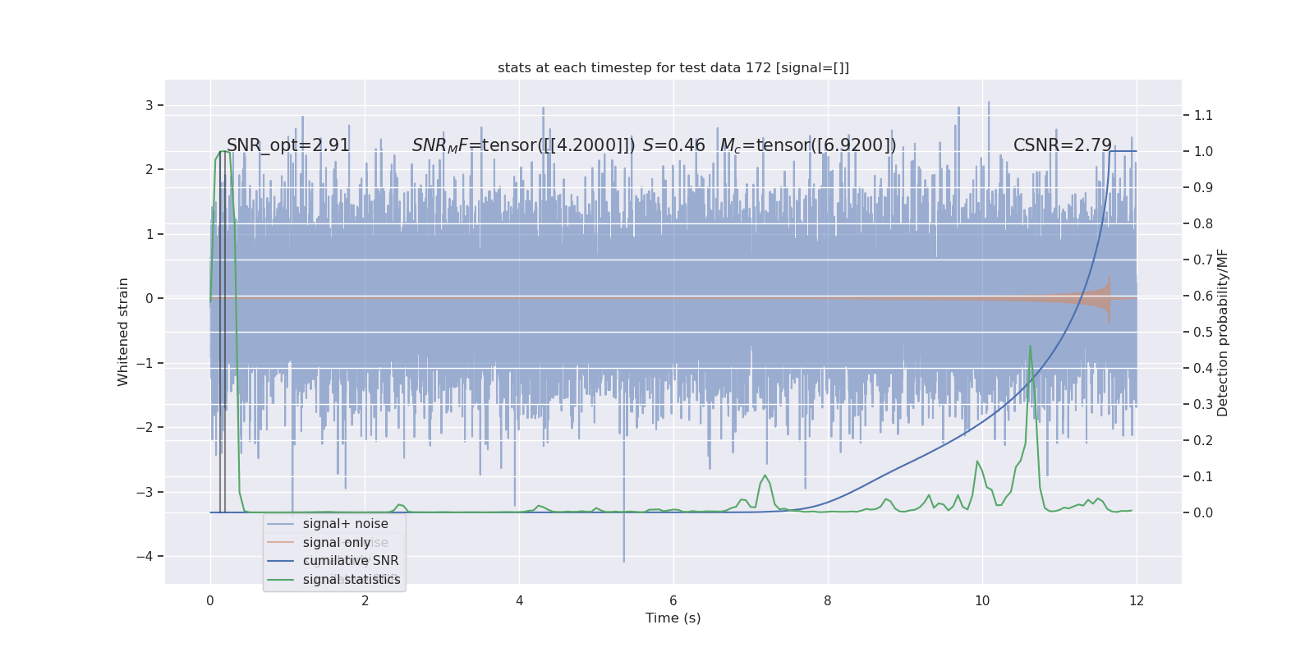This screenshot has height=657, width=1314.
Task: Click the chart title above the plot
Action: tap(673, 68)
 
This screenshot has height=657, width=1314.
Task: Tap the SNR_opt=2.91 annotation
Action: tap(288, 145)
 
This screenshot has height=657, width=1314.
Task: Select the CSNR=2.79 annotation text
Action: tap(1062, 145)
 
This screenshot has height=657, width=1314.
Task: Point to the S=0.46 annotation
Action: tap(673, 145)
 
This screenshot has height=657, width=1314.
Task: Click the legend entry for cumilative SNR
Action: tap(351, 561)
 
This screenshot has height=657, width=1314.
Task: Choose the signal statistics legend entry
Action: tap(351, 580)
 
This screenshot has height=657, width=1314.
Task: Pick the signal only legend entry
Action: tap(337, 543)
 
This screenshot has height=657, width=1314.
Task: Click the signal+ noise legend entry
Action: tap(345, 524)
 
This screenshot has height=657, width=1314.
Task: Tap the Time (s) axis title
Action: tap(673, 618)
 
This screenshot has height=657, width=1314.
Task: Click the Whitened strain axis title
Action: tap(123, 332)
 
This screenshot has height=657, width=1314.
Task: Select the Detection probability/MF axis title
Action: tap(1223, 332)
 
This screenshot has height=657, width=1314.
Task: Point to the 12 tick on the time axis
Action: tap(1137, 600)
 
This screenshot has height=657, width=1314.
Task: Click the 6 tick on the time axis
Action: tap(673, 600)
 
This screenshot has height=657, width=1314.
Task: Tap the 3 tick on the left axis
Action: tap(149, 105)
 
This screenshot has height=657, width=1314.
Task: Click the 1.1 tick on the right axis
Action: tap(1203, 115)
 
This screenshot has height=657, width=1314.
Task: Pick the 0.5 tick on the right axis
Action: tap(1203, 332)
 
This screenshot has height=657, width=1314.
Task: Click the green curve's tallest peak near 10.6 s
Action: tap(1030, 347)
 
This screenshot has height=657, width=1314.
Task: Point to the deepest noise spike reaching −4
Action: tap(623, 560)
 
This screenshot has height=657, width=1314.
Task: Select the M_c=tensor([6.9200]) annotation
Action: tap(808, 145)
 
